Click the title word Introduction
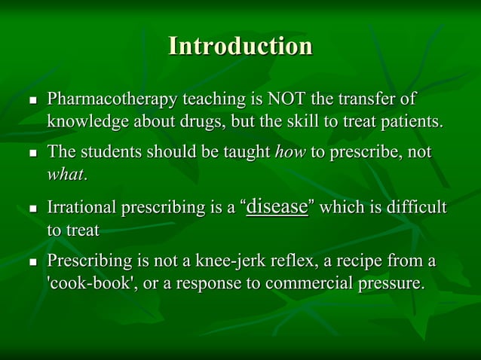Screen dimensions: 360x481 click(240, 47)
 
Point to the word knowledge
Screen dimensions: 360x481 click(82, 121)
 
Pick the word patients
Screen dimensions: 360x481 click(410, 121)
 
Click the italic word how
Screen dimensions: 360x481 click(290, 152)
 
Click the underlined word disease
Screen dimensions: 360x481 click(277, 206)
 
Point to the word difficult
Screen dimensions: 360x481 click(413, 207)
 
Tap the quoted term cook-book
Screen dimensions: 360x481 click(82, 283)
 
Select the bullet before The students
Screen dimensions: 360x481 click(32, 154)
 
